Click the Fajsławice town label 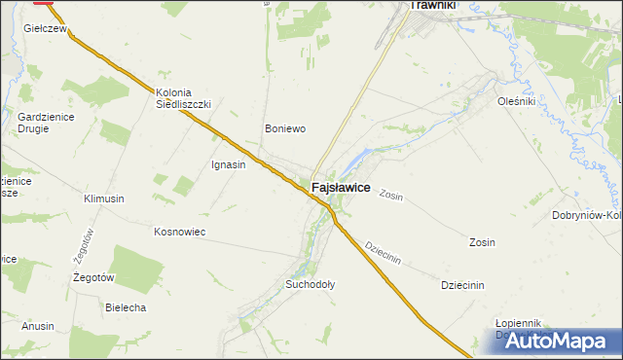tap(340, 187)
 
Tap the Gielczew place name tap(44, 30)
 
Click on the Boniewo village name tap(285, 128)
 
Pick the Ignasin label tap(228, 164)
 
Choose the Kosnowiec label tap(179, 232)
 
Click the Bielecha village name tap(125, 307)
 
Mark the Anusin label tap(38, 327)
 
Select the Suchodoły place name tap(310, 285)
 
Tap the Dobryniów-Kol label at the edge tap(587, 215)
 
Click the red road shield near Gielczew tap(44, 3)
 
